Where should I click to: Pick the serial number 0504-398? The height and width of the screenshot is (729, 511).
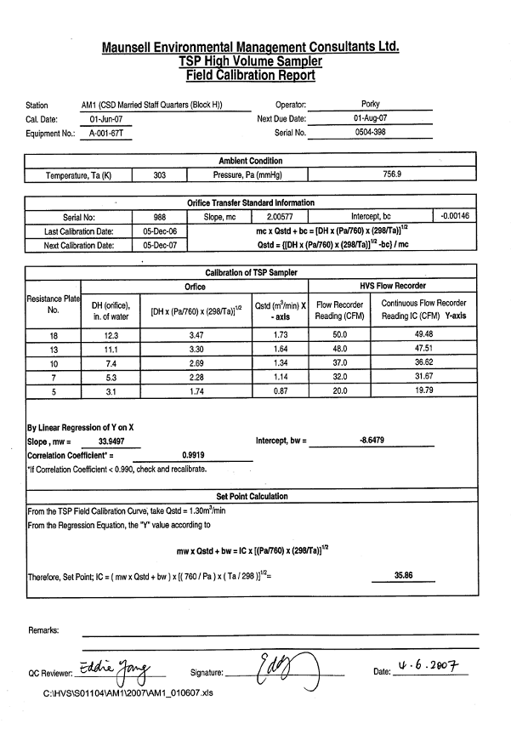(370, 133)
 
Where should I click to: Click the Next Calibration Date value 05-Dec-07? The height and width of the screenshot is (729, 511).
(160, 246)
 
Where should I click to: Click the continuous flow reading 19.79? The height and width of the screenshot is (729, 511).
(423, 391)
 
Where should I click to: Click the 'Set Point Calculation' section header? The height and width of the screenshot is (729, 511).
(252, 496)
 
